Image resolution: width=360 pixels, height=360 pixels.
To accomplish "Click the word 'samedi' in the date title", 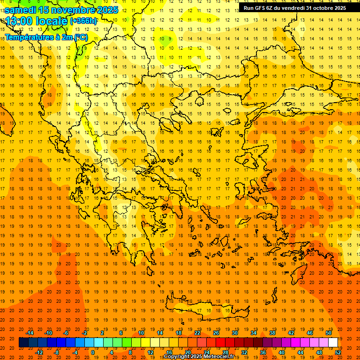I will tap(21, 10).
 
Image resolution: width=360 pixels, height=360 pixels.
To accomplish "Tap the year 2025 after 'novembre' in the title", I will tap(107, 10).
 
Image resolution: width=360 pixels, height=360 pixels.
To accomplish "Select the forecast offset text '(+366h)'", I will tap(83, 21).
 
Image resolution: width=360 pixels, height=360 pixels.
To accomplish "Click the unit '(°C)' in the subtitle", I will tap(81, 37).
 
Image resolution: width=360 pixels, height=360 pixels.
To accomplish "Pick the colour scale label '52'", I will tap(338, 352).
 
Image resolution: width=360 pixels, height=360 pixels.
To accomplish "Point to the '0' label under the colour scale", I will tap(92, 352).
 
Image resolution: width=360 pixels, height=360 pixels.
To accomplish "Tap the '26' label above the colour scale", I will tap(216, 333).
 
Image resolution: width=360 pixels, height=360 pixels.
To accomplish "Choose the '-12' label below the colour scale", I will tap(39, 352).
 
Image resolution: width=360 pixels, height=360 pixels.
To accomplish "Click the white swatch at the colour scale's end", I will tap(333, 343).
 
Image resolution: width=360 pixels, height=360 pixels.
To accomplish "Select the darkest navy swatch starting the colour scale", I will tap(23, 343).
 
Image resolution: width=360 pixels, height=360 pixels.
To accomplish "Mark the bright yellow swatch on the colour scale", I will tap(145, 343).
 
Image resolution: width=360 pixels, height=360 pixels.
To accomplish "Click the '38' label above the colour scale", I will tap(272, 333).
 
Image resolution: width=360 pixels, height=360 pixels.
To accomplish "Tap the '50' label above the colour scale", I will tap(328, 333).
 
